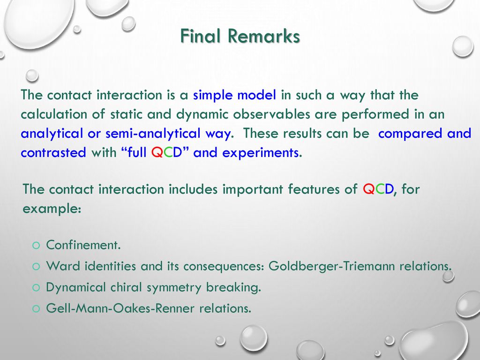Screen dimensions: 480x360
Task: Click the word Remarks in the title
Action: [x=263, y=36]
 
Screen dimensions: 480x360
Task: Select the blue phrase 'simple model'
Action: [x=234, y=95]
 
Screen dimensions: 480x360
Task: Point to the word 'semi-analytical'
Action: [x=153, y=134]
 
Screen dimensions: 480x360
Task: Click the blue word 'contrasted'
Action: [x=53, y=152]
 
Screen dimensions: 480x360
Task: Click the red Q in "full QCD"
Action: [x=157, y=153]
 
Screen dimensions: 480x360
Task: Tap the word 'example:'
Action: [x=52, y=209]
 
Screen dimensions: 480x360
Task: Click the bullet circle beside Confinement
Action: [x=36, y=245]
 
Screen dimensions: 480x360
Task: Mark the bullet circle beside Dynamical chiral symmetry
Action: [x=36, y=287]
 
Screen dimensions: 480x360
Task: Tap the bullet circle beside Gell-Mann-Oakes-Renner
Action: [x=36, y=308]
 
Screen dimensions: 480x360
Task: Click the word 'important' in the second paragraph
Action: [x=253, y=189]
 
